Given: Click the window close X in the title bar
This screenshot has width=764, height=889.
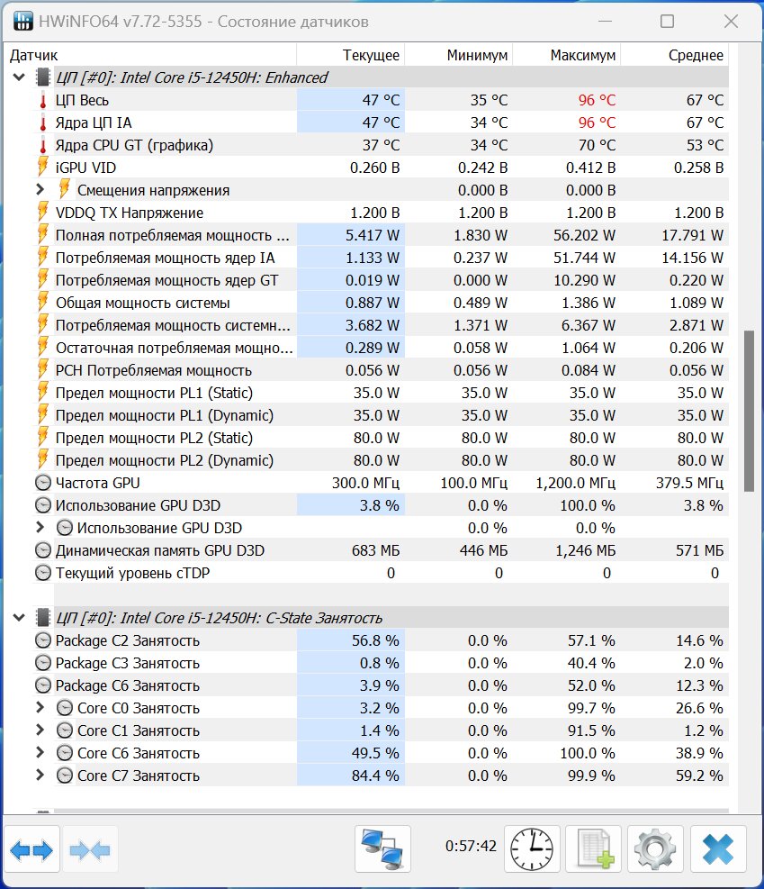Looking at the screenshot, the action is point(731,22).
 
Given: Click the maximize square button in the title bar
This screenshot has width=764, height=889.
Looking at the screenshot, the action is point(667,22).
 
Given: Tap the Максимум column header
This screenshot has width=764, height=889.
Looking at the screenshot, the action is point(583,55).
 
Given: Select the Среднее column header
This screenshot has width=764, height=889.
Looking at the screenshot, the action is point(696,55).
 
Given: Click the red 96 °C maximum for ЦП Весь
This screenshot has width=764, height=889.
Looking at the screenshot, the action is point(597,100).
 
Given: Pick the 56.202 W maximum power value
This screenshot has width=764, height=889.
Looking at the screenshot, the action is point(584,235).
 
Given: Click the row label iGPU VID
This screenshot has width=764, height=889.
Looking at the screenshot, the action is point(85,168).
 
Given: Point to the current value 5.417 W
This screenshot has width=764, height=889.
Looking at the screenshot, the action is point(372,235).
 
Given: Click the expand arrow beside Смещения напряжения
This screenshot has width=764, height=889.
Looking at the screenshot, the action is point(40,189).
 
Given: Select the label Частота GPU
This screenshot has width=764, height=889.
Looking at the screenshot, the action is point(97,483).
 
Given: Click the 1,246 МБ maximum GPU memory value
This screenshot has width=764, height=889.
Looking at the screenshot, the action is point(585,550).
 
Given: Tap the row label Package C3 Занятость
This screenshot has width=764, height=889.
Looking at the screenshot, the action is point(128,663).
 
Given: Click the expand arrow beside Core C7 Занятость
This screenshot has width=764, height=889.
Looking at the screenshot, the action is point(40,775).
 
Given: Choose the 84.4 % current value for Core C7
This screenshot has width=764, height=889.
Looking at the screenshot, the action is point(375,776).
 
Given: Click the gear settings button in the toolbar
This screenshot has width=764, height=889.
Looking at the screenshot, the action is point(655,848).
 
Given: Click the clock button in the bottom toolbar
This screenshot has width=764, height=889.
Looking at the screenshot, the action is point(532,848).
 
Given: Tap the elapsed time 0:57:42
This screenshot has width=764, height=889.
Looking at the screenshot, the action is point(471,846).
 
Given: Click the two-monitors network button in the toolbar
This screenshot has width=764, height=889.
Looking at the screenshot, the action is point(382,848).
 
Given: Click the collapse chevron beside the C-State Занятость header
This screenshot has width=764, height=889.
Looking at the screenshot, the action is point(19,617).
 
